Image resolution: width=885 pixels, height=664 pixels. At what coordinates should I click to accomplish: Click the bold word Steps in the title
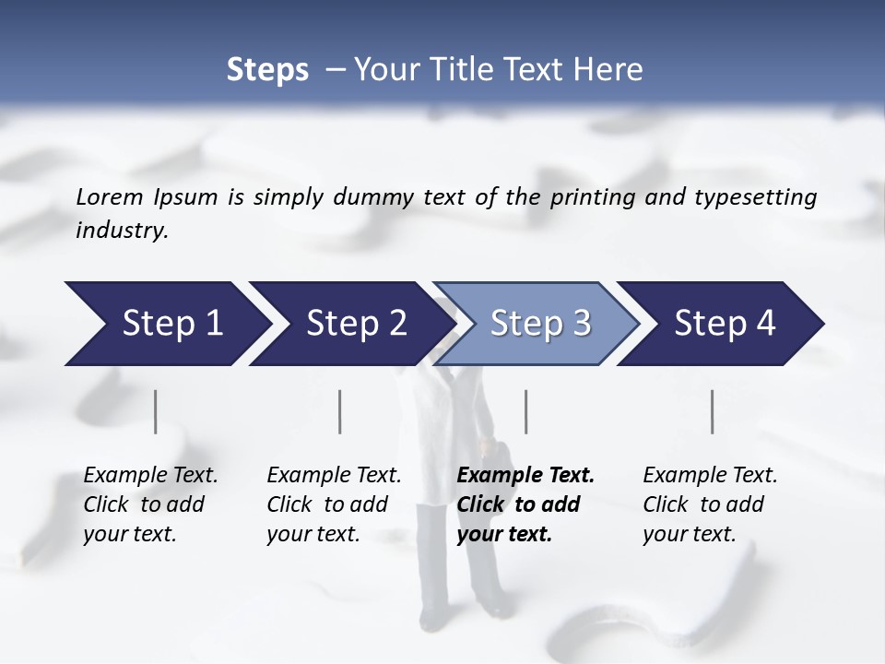267,70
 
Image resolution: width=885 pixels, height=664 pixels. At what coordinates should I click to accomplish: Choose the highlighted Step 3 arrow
539,324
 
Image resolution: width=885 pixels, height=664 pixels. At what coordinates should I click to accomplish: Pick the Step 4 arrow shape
724,324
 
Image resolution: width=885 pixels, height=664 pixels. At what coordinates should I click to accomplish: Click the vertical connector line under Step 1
156,411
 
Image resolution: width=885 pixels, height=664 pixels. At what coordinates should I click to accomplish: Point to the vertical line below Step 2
340,411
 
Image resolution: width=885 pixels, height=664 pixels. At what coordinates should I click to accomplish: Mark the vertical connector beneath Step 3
525,411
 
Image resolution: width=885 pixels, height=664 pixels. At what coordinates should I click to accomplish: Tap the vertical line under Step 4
712,411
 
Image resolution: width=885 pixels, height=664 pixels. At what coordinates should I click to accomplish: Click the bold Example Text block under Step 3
525,504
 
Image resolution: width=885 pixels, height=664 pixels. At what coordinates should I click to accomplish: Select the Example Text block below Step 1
150,504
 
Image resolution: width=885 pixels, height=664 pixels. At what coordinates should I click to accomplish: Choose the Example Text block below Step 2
334,504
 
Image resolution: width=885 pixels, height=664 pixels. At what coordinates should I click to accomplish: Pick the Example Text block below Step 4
710,504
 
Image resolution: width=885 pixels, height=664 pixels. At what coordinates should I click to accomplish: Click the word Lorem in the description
110,197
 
